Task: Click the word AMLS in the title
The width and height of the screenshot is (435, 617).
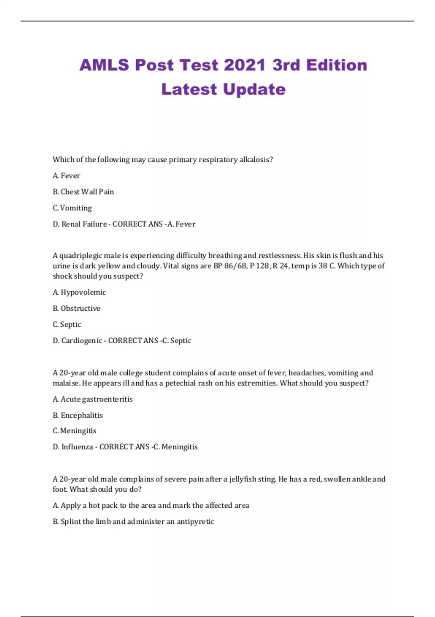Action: coord(104,65)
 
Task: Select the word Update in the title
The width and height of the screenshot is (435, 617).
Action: coord(254,89)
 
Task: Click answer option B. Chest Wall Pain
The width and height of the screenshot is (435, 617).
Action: coord(83,192)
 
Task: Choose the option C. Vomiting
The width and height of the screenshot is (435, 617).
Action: coord(72,208)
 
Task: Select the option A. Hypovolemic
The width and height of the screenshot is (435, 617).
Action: coord(79,292)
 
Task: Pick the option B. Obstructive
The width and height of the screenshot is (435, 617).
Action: coord(76,308)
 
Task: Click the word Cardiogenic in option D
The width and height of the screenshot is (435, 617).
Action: coord(82,340)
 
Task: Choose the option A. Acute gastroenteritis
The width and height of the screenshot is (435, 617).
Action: coord(93,399)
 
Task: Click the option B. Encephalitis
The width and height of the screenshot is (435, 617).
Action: coord(78,415)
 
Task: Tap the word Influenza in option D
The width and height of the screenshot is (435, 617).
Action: coord(77,447)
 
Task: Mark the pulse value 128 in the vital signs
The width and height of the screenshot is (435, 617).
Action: coord(263,266)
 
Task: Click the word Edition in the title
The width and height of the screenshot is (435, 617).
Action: coord(336,65)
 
